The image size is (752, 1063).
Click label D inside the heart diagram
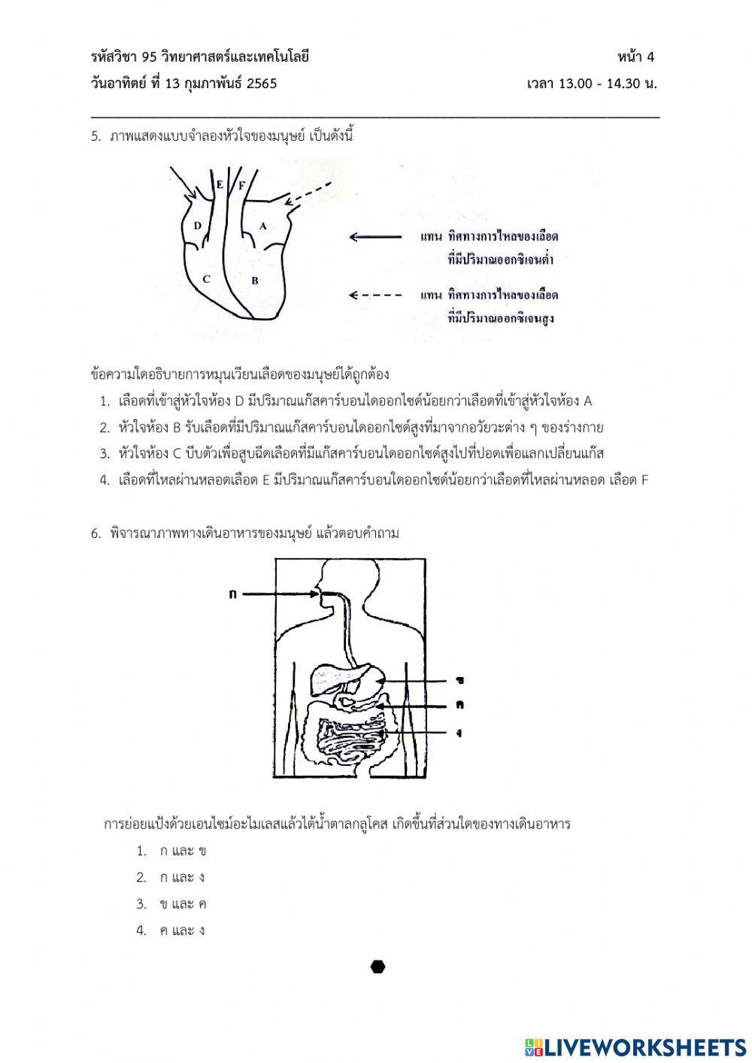[x=197, y=226]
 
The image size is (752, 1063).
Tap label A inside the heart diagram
[x=262, y=226]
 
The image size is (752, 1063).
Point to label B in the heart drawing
[x=255, y=281]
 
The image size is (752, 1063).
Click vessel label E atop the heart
[x=220, y=184]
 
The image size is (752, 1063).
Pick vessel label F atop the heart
[x=241, y=184]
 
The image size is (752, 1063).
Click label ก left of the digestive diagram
[x=232, y=594]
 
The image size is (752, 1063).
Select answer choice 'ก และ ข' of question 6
[x=183, y=851]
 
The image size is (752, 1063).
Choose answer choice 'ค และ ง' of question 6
[x=183, y=931]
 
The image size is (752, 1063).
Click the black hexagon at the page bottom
[x=378, y=967]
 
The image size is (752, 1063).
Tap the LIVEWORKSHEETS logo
[x=635, y=1046]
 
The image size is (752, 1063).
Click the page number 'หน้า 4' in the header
[x=636, y=57]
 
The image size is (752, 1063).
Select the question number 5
[x=96, y=137]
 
